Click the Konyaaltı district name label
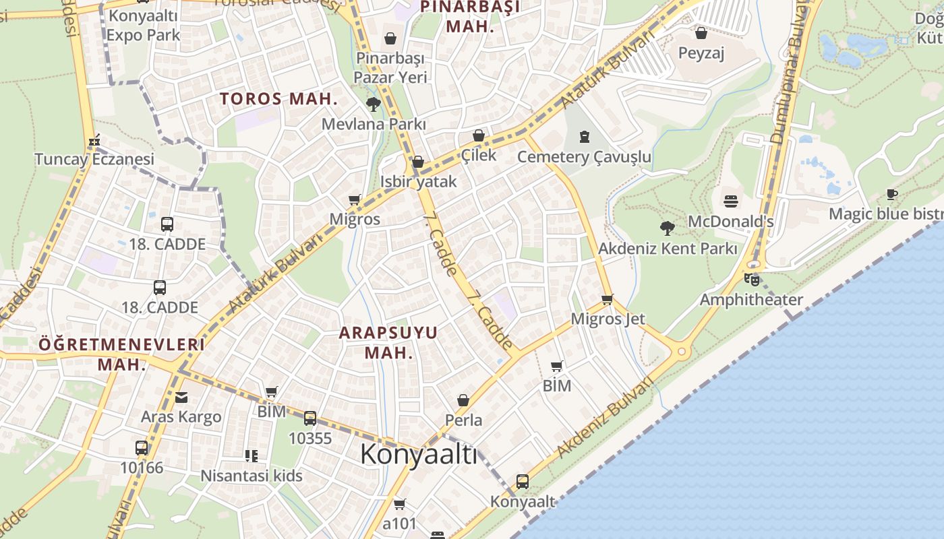pos(418,455)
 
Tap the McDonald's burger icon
pos(731,201)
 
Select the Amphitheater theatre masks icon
pos(752,279)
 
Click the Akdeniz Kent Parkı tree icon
pos(668,228)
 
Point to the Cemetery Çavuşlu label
pos(584,157)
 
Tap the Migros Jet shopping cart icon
pos(608,299)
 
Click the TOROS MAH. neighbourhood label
pos(278,98)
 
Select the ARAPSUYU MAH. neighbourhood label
pos(388,342)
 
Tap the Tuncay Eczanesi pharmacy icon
pos(94,140)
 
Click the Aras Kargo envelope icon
pos(181,397)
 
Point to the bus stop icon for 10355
pos(310,418)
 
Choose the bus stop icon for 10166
pos(142,447)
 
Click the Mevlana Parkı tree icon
pos(373,104)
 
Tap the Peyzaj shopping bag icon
pos(701,33)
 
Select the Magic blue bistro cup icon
pos(892,195)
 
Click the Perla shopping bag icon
pos(463,401)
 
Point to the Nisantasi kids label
pos(252,476)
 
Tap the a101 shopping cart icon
pos(399,504)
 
